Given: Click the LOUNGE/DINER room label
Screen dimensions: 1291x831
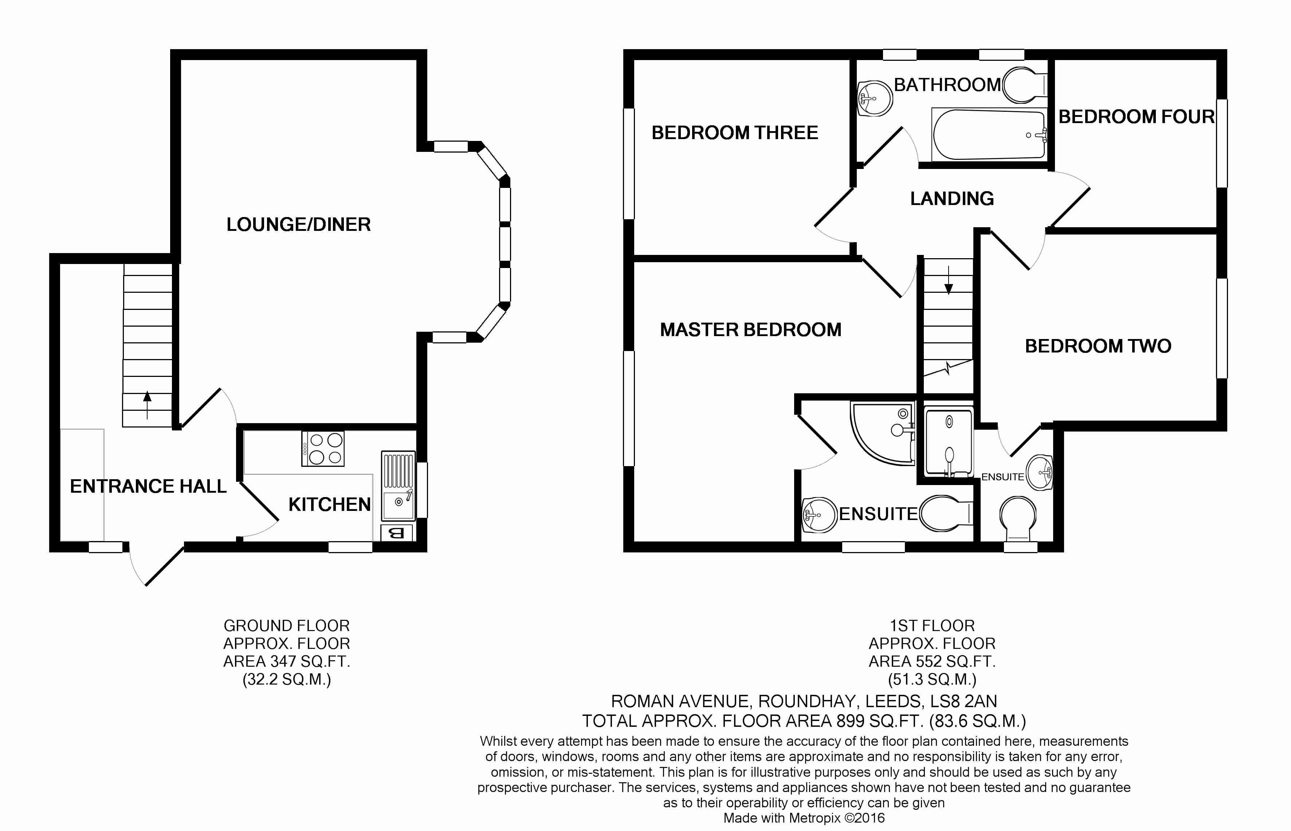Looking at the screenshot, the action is (x=298, y=224).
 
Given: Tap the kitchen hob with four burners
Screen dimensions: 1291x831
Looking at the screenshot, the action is (x=323, y=448).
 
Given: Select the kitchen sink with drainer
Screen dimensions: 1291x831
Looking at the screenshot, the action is (x=398, y=486).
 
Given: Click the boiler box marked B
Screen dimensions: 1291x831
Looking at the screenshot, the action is (x=397, y=533).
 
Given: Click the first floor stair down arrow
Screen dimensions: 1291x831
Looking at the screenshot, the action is (x=948, y=280).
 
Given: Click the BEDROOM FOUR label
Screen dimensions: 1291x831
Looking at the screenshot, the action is (x=1136, y=117).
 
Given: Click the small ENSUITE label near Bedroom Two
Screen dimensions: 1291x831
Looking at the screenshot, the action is (x=1002, y=477).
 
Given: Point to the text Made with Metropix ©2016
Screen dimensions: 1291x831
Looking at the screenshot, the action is (x=804, y=818).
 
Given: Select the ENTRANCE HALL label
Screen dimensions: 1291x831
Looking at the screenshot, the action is (x=148, y=486).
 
